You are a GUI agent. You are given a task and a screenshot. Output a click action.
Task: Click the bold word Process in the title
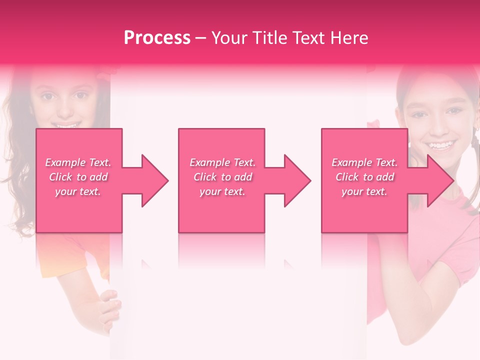coord(157,38)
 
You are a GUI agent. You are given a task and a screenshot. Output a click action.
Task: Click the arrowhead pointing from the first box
coord(154,180)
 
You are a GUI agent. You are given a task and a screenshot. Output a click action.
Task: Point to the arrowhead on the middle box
coord(297,180)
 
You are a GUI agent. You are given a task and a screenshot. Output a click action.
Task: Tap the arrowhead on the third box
coord(440,180)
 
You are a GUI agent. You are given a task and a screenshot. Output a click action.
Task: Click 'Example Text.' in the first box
coord(78,162)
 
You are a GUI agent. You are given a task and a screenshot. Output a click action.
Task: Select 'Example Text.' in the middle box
coord(222,162)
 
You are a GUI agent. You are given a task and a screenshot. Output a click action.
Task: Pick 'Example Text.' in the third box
coord(364,162)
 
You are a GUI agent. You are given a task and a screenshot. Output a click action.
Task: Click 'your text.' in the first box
coord(78,191)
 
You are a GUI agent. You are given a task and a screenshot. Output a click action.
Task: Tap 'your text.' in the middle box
coord(222,191)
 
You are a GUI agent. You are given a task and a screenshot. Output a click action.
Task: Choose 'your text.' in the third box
coord(364,191)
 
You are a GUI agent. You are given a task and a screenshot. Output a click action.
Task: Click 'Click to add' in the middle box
coord(222,177)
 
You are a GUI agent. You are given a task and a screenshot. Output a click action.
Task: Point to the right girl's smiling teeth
coord(440,145)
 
